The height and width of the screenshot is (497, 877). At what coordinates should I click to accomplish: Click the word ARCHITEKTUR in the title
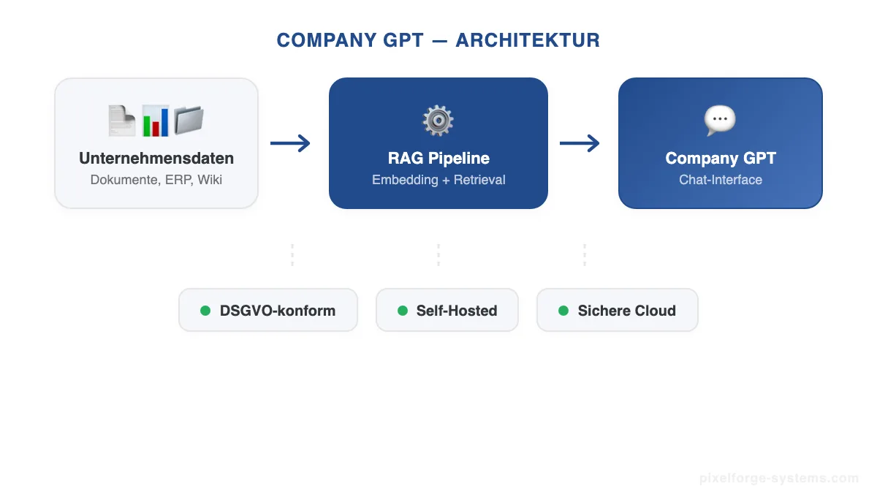click(x=528, y=40)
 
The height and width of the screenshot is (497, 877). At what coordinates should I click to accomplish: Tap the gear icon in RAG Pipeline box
click(x=438, y=121)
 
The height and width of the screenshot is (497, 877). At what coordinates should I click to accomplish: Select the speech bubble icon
click(x=720, y=121)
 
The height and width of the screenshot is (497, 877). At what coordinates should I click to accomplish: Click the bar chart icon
click(x=155, y=121)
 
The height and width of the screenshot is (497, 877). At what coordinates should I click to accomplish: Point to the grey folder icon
click(x=188, y=121)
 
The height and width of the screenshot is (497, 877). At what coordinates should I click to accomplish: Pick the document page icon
click(x=122, y=121)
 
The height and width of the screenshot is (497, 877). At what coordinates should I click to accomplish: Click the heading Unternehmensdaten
click(x=156, y=158)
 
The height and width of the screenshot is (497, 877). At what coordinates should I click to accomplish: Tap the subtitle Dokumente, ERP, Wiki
click(x=156, y=179)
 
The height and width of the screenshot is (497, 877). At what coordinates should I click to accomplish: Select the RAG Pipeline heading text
click(x=438, y=158)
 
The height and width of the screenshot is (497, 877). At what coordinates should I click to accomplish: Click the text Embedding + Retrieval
click(x=438, y=180)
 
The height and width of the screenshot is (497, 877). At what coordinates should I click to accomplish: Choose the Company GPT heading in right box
click(x=721, y=158)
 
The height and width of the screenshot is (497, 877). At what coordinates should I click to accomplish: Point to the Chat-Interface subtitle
click(x=721, y=180)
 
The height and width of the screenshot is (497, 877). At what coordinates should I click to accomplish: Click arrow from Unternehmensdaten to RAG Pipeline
click(x=290, y=143)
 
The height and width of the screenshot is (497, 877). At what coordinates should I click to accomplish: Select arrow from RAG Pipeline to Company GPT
click(x=580, y=143)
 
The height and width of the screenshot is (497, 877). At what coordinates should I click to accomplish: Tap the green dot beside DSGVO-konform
click(x=205, y=311)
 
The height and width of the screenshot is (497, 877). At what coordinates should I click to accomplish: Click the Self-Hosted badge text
click(x=457, y=311)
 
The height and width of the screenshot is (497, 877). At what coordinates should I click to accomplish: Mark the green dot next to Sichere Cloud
click(x=563, y=311)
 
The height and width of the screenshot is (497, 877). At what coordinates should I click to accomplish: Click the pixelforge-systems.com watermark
click(x=779, y=479)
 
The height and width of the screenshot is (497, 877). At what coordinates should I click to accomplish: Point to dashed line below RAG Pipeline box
click(x=438, y=255)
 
